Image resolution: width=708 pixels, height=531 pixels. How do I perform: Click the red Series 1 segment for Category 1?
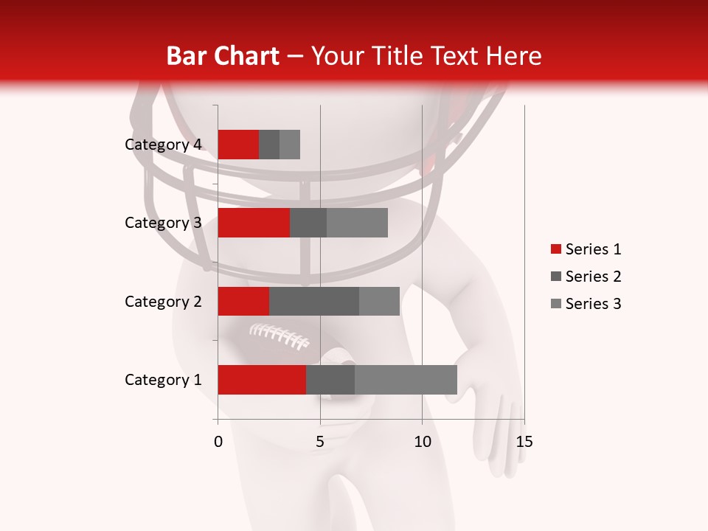point(262,380)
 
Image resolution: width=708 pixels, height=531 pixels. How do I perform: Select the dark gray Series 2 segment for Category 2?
point(314,301)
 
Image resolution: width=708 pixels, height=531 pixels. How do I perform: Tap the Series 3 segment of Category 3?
point(357,223)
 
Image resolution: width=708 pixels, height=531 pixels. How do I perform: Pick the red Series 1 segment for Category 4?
point(238,145)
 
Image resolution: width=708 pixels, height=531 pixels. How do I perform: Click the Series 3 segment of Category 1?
point(406,380)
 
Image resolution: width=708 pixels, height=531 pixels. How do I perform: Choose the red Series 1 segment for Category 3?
point(254,223)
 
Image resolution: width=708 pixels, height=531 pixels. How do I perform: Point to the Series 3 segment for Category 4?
point(290,145)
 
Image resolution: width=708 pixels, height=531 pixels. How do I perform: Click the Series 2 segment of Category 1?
point(330,380)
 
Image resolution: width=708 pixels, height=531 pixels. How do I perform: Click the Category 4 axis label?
point(163,145)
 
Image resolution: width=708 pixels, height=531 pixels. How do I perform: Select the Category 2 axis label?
point(163,301)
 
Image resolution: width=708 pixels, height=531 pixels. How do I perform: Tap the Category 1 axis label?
point(163,380)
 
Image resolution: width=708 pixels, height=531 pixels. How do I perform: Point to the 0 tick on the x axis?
point(218,442)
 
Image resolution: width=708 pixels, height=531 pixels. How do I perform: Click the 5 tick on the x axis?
point(320,442)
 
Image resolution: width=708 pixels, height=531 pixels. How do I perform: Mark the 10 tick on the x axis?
point(422,442)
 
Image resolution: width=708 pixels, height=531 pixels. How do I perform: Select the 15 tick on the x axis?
point(524,442)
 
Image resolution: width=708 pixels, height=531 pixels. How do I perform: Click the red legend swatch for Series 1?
point(555,249)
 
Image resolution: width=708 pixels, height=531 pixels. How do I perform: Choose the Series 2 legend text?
point(593,277)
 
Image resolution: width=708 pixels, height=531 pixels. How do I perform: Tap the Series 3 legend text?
point(593,304)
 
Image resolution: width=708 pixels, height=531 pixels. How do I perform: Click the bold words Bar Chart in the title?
point(223,56)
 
